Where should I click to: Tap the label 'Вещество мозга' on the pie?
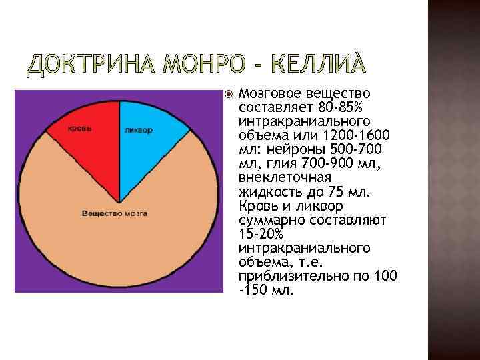click(x=114, y=213)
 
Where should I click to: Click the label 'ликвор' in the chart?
click(x=138, y=129)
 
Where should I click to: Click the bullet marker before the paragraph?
click(x=229, y=94)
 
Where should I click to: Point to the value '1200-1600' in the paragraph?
click(x=362, y=136)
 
